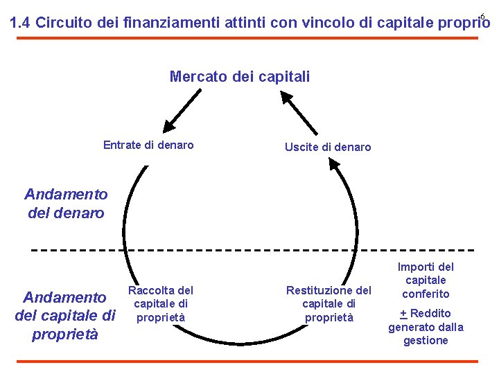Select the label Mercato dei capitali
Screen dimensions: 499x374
(x=240, y=76)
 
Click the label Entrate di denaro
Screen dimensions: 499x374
(x=148, y=145)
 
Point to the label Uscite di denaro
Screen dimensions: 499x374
(x=328, y=147)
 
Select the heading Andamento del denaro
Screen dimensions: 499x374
(x=66, y=204)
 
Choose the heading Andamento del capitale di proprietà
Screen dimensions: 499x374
(x=65, y=316)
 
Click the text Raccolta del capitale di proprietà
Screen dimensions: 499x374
(x=161, y=303)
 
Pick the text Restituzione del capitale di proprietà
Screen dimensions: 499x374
(x=329, y=303)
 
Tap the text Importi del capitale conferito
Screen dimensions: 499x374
(x=426, y=280)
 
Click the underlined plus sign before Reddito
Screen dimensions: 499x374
(x=403, y=313)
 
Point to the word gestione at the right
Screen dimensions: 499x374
(x=426, y=340)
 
